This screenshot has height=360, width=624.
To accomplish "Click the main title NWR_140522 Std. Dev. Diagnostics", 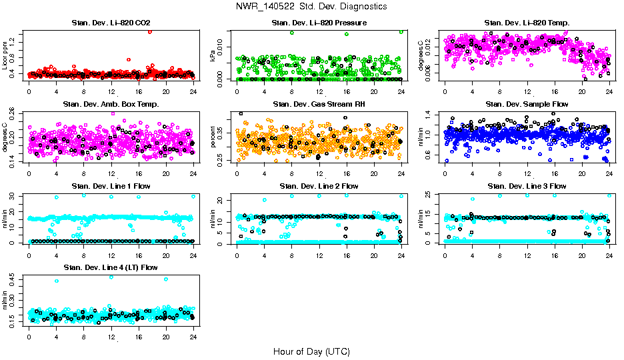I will tap(311, 7).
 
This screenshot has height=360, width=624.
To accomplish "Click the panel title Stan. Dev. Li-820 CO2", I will tap(111, 23).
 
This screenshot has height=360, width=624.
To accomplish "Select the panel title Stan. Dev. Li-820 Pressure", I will tap(319, 23).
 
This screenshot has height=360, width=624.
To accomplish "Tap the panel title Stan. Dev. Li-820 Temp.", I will tap(526, 23).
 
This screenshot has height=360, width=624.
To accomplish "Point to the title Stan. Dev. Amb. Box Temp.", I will tap(111, 105).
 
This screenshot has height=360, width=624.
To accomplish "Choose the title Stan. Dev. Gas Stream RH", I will tap(319, 105).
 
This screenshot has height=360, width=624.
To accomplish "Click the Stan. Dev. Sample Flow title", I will tap(526, 105).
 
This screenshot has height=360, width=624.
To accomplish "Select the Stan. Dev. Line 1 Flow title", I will tap(111, 186).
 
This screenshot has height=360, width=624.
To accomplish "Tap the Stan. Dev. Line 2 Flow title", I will tap(319, 186).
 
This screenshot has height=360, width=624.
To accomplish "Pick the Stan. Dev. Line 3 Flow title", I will tap(526, 186).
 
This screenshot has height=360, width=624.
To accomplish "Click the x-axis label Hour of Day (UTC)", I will tap(311, 351).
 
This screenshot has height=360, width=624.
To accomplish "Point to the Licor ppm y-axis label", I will tap(5, 55).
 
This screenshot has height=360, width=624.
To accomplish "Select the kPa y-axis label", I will tap(213, 56).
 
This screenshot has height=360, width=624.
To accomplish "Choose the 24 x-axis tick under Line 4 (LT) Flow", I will tap(193, 338).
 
